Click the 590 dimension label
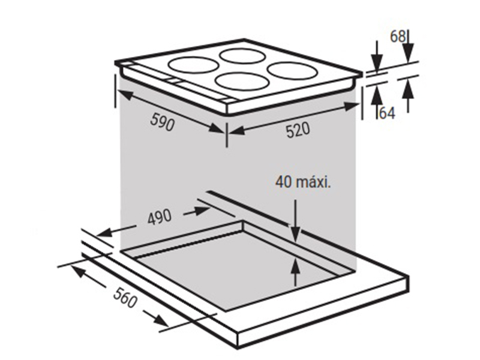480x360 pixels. pyautogui.click(x=163, y=122)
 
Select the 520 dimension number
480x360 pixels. pyautogui.click(x=298, y=130)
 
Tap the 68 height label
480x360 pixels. pyautogui.click(x=398, y=37)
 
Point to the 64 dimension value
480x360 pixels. pyautogui.click(x=387, y=113)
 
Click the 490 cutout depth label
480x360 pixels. pyautogui.click(x=159, y=218)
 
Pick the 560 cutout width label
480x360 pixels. pyautogui.click(x=125, y=298)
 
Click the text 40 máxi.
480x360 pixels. pyautogui.click(x=303, y=182)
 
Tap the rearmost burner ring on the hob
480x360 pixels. pyautogui.click(x=242, y=56)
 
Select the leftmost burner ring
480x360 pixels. pyautogui.click(x=194, y=65)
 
